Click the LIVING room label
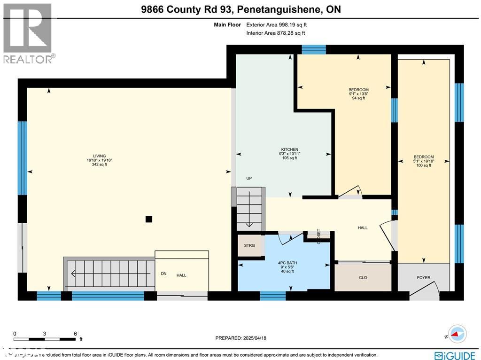point(99,157)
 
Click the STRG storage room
point(249,245)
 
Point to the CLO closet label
point(363,278)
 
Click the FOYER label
point(423,278)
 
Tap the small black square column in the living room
point(149,219)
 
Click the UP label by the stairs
point(249,179)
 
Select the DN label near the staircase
point(163,274)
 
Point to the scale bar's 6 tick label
point(75,333)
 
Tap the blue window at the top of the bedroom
point(313,49)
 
